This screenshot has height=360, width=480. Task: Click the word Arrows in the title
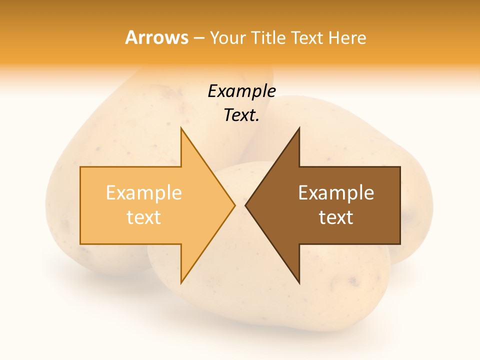pyautogui.click(x=156, y=37)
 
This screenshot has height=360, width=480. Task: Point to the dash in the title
pyautogui.click(x=198, y=38)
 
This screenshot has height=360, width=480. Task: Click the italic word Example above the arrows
pyautogui.click(x=241, y=91)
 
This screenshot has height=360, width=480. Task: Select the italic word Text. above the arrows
pyautogui.click(x=241, y=115)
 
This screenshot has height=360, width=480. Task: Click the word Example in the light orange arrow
pyautogui.click(x=144, y=192)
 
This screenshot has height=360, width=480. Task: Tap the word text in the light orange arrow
pyautogui.click(x=144, y=217)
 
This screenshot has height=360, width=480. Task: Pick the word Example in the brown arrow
pyautogui.click(x=336, y=192)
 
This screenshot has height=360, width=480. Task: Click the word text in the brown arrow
pyautogui.click(x=336, y=217)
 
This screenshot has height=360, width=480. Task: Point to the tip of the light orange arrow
pyautogui.click(x=235, y=205)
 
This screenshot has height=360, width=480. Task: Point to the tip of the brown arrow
pyautogui.click(x=245, y=205)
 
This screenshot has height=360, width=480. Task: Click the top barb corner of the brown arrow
pyautogui.click(x=299, y=128)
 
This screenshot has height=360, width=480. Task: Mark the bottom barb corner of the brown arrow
pyautogui.click(x=299, y=283)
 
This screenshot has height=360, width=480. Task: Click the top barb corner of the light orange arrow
pyautogui.click(x=181, y=128)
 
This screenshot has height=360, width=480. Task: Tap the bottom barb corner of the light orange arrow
pyautogui.click(x=181, y=283)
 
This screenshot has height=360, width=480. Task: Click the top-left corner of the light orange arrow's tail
pyautogui.click(x=80, y=167)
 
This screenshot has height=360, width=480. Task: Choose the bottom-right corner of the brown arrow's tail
pyautogui.click(x=400, y=244)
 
